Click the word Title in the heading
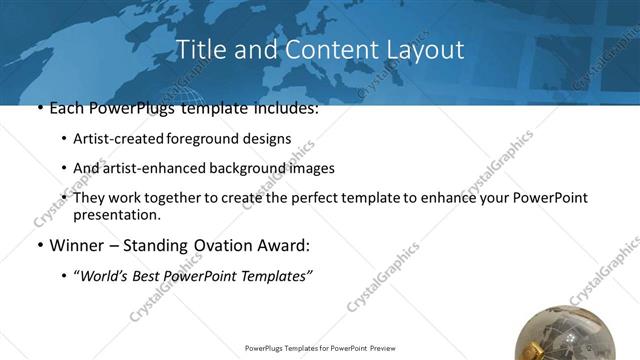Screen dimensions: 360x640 pos(198,50)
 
